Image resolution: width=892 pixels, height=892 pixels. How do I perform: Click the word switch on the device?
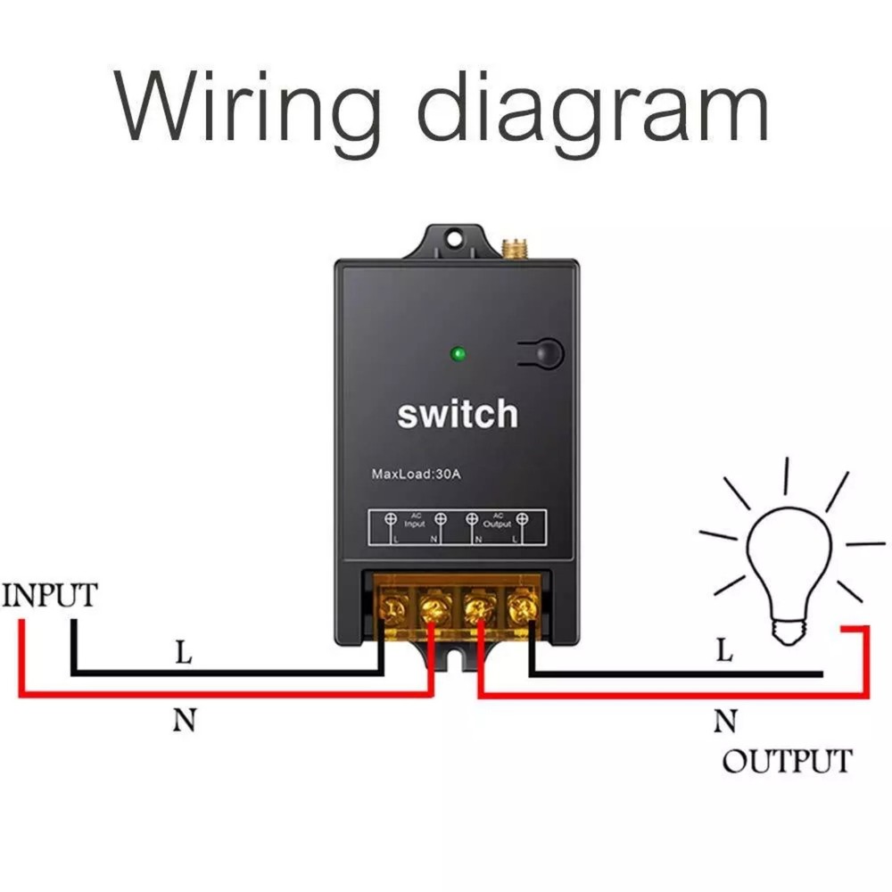click(457, 414)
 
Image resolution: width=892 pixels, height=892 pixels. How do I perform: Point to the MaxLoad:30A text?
click(416, 474)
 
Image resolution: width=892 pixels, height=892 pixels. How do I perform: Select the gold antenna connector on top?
click(513, 244)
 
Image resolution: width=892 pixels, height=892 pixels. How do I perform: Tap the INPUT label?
click(49, 595)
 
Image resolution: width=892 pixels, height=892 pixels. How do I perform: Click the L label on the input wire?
click(183, 653)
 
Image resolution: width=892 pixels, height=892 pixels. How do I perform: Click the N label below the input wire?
click(184, 720)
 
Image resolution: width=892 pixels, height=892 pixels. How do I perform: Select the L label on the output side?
click(724, 651)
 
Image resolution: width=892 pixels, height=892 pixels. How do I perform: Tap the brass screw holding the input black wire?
click(390, 609)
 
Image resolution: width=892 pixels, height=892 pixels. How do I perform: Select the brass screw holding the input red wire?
click(433, 610)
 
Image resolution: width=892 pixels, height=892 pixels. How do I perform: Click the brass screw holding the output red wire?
click(476, 610)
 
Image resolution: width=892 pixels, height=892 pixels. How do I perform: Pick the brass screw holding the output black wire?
click(520, 610)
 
